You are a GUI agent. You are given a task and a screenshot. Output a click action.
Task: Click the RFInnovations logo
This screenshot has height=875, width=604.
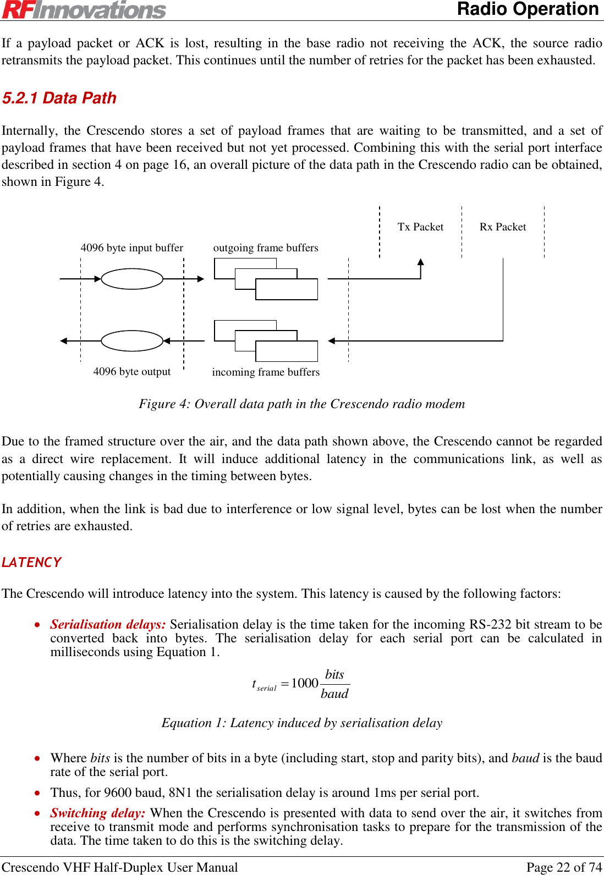[84, 10]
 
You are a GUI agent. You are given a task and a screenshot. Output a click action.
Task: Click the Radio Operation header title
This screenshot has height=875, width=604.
[528, 9]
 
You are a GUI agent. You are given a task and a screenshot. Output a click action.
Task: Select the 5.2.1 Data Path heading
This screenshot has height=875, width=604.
[59, 98]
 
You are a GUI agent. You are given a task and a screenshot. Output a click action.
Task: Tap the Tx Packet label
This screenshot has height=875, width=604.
[420, 227]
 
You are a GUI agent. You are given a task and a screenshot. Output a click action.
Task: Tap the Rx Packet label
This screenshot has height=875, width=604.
[503, 227]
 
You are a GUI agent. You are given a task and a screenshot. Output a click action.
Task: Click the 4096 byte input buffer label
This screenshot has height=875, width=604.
[132, 247]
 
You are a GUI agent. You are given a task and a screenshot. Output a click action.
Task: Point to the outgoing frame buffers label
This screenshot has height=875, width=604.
[266, 247]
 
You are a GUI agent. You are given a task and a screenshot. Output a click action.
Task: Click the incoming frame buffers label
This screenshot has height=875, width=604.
[266, 372]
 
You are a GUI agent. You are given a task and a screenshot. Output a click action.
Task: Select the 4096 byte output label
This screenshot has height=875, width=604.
[132, 371]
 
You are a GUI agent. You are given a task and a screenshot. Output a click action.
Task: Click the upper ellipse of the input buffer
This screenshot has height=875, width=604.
[132, 279]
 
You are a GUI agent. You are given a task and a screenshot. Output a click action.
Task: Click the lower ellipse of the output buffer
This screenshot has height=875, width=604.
[132, 341]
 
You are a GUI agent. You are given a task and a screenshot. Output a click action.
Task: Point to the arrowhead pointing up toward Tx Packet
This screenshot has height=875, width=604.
[421, 262]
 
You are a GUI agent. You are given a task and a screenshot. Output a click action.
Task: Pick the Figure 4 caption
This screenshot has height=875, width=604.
[301, 404]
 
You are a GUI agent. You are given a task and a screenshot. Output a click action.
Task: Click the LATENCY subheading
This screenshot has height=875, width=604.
[31, 562]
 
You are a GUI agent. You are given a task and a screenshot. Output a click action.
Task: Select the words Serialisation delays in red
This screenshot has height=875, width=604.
[108, 624]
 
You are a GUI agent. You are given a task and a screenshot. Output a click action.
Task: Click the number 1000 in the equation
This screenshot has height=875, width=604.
[305, 683]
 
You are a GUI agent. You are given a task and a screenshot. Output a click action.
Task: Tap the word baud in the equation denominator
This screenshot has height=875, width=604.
[334, 694]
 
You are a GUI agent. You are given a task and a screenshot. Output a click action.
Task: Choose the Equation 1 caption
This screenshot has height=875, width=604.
[301, 723]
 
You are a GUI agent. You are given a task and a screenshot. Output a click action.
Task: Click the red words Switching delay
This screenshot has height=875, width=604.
[98, 813]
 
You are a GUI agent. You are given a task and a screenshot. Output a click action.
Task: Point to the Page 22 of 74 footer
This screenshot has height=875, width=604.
[564, 867]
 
